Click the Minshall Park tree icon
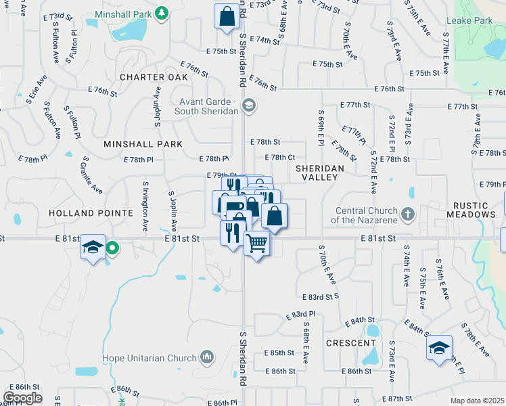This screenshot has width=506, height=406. coord(161,13)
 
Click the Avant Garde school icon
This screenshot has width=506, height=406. coord(249,105)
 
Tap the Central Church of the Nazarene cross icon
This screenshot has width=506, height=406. coord(407,214)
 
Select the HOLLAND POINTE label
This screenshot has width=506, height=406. coord(91,213)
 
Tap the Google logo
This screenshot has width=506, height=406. coord(22,398)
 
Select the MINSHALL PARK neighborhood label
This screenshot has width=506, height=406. coord(143,144)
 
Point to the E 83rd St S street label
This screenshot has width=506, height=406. coord(320,297)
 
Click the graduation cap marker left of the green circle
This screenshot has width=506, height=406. coord(93,246)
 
